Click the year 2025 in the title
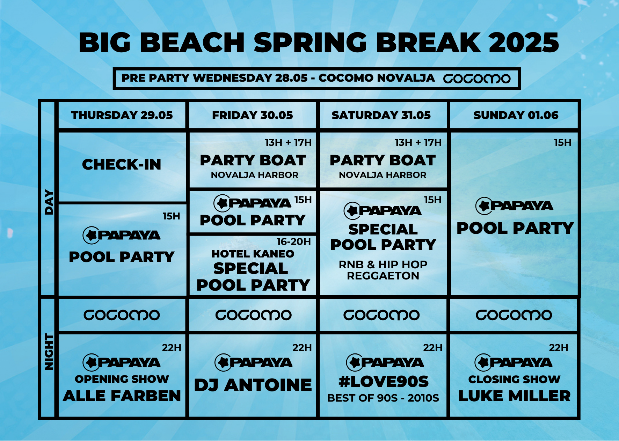pos(524,43)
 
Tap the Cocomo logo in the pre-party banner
pos(477,79)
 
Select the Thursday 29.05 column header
pos(122,115)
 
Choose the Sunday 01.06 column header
pos(516,115)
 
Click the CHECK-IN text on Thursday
pos(122,164)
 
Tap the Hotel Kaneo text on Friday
pos(253,254)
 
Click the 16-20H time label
pos(293,241)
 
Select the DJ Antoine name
pos(253,385)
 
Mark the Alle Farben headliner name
pos(122,396)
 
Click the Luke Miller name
pos(514,396)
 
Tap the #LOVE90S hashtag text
pos(384,381)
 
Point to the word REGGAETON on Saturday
pos(383,276)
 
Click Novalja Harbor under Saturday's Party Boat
pos(383,175)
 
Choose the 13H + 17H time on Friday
pos(288,142)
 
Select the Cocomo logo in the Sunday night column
pos(514,315)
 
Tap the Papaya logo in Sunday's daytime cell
pos(514,206)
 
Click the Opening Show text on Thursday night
pos(122,379)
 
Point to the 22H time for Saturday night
pos(432,347)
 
